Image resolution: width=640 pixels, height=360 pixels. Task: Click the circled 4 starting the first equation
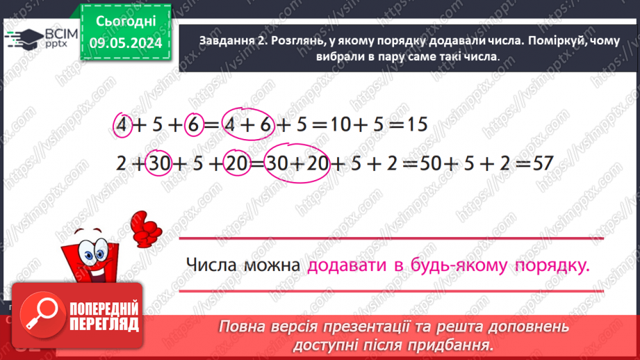tap(122, 125)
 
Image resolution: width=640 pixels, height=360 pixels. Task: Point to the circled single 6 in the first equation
tap(193, 125)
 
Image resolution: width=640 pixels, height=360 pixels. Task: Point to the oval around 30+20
tap(297, 164)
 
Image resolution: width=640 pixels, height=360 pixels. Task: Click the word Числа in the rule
tap(211, 265)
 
